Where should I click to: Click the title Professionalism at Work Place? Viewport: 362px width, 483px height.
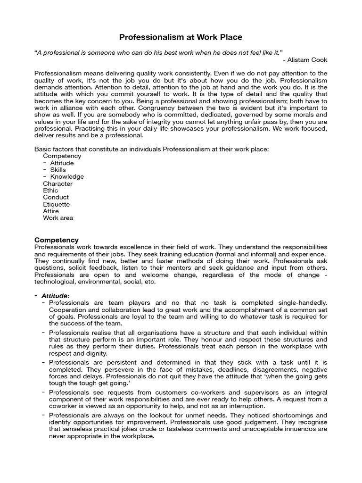pyautogui.click(x=181, y=36)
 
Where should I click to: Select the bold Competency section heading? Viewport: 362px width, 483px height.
pyautogui.click(x=57, y=240)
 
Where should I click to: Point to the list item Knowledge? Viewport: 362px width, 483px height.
pyautogui.click(x=67, y=176)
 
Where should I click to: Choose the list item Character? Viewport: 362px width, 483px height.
pyautogui.click(x=58, y=183)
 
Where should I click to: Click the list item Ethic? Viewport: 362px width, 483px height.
pyautogui.click(x=50, y=191)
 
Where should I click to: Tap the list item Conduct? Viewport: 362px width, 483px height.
pyautogui.click(x=56, y=197)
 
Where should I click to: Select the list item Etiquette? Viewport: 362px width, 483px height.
pyautogui.click(x=56, y=204)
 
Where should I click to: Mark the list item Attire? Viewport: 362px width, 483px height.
pyautogui.click(x=51, y=211)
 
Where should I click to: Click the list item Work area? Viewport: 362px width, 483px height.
pyautogui.click(x=58, y=218)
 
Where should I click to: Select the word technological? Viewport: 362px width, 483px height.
pyautogui.click(x=58, y=282)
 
